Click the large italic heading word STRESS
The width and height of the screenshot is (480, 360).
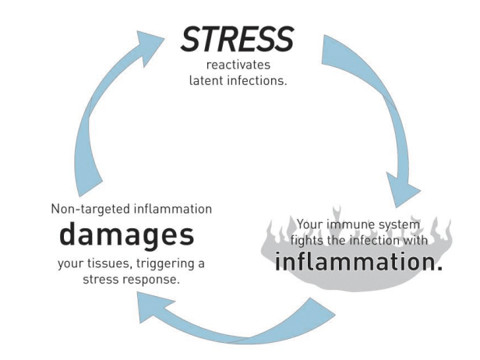click(237, 37)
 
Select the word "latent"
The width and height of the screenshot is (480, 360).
click(211, 79)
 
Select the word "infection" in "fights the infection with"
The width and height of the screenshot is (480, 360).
click(376, 242)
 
